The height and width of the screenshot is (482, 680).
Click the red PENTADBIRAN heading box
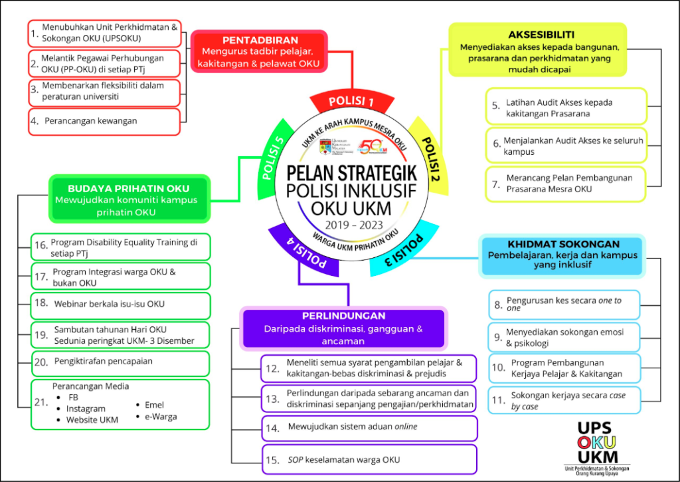[259, 52]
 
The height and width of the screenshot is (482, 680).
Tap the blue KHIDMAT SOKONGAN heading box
[562, 255]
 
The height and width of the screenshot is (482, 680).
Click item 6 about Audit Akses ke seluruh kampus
[565, 146]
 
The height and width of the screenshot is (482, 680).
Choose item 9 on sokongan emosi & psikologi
[564, 337]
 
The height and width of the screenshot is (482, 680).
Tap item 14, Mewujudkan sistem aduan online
[369, 427]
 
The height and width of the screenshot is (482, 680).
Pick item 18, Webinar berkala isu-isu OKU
[120, 304]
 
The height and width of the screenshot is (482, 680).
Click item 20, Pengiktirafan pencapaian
[120, 362]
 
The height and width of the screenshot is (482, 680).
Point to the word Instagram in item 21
[86, 408]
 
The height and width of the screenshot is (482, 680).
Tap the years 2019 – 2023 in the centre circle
[355, 224]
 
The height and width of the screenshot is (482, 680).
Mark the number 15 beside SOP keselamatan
[272, 459]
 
